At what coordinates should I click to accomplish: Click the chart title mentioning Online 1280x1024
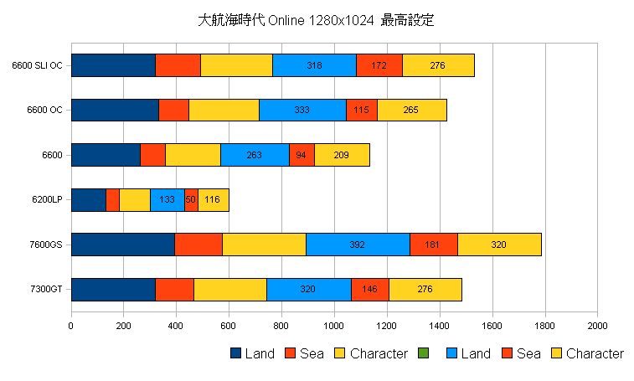[x=317, y=20]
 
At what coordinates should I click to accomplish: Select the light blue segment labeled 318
[x=314, y=65]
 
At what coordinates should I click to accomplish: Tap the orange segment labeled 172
[x=379, y=65]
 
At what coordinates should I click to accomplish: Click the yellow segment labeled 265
[x=411, y=110]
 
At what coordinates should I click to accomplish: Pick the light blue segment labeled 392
[x=358, y=245]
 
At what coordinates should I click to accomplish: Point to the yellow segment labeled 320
[x=499, y=245]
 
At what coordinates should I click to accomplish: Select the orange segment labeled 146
[x=369, y=290]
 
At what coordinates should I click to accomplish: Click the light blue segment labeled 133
[x=167, y=200]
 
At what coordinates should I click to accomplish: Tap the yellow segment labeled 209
[x=342, y=155]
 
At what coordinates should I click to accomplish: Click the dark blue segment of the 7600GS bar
[x=122, y=245]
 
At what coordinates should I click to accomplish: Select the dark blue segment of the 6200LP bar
[x=88, y=200]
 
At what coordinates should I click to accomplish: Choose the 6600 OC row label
[x=44, y=110]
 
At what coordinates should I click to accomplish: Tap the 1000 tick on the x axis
[x=334, y=326]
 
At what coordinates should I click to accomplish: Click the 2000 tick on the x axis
[x=597, y=326]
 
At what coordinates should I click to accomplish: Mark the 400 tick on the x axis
[x=176, y=326]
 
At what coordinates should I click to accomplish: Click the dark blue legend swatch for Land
[x=235, y=354]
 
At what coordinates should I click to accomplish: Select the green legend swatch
[x=423, y=354]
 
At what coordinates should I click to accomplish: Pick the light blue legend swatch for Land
[x=452, y=354]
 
